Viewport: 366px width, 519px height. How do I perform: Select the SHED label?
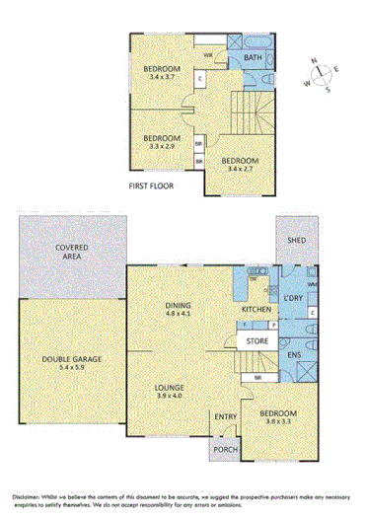click(x=294, y=239)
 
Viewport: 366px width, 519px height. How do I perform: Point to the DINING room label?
click(x=178, y=306)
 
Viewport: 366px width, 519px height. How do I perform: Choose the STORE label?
click(x=258, y=342)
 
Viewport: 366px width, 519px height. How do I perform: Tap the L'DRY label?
click(x=294, y=298)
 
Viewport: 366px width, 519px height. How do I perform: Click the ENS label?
click(x=294, y=354)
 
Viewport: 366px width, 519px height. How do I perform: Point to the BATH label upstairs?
click(x=254, y=57)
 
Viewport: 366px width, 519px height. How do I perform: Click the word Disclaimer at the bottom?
click(x=29, y=494)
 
